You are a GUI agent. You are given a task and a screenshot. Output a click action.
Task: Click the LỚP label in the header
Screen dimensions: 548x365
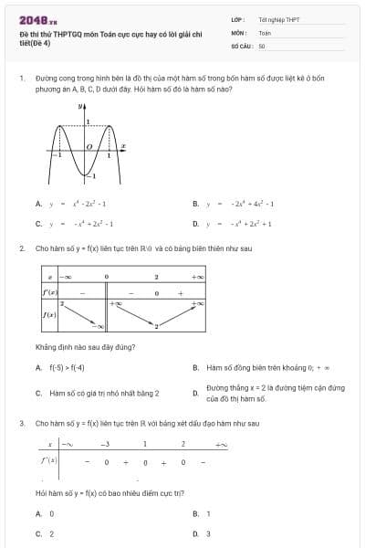click(236, 19)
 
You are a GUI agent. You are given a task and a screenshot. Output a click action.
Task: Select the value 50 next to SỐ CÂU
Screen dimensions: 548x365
click(262, 45)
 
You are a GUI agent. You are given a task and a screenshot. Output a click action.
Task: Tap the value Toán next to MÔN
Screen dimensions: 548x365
click(265, 32)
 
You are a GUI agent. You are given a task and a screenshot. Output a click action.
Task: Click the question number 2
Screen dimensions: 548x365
click(21, 248)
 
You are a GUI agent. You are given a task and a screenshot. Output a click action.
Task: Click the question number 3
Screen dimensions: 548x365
click(21, 424)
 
